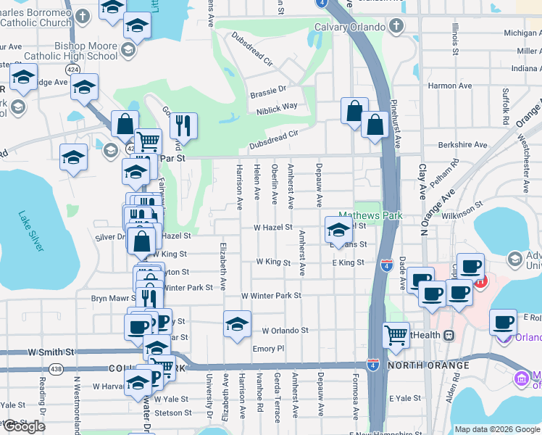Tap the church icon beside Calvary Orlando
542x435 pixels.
[x=396, y=28]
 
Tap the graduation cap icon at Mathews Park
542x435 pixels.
[x=338, y=231]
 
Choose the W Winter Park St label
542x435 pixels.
[x=271, y=296]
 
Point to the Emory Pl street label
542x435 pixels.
[x=268, y=349]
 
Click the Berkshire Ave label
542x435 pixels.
[x=462, y=144]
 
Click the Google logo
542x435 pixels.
[x=24, y=426]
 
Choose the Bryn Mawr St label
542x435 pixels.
[x=110, y=298]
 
